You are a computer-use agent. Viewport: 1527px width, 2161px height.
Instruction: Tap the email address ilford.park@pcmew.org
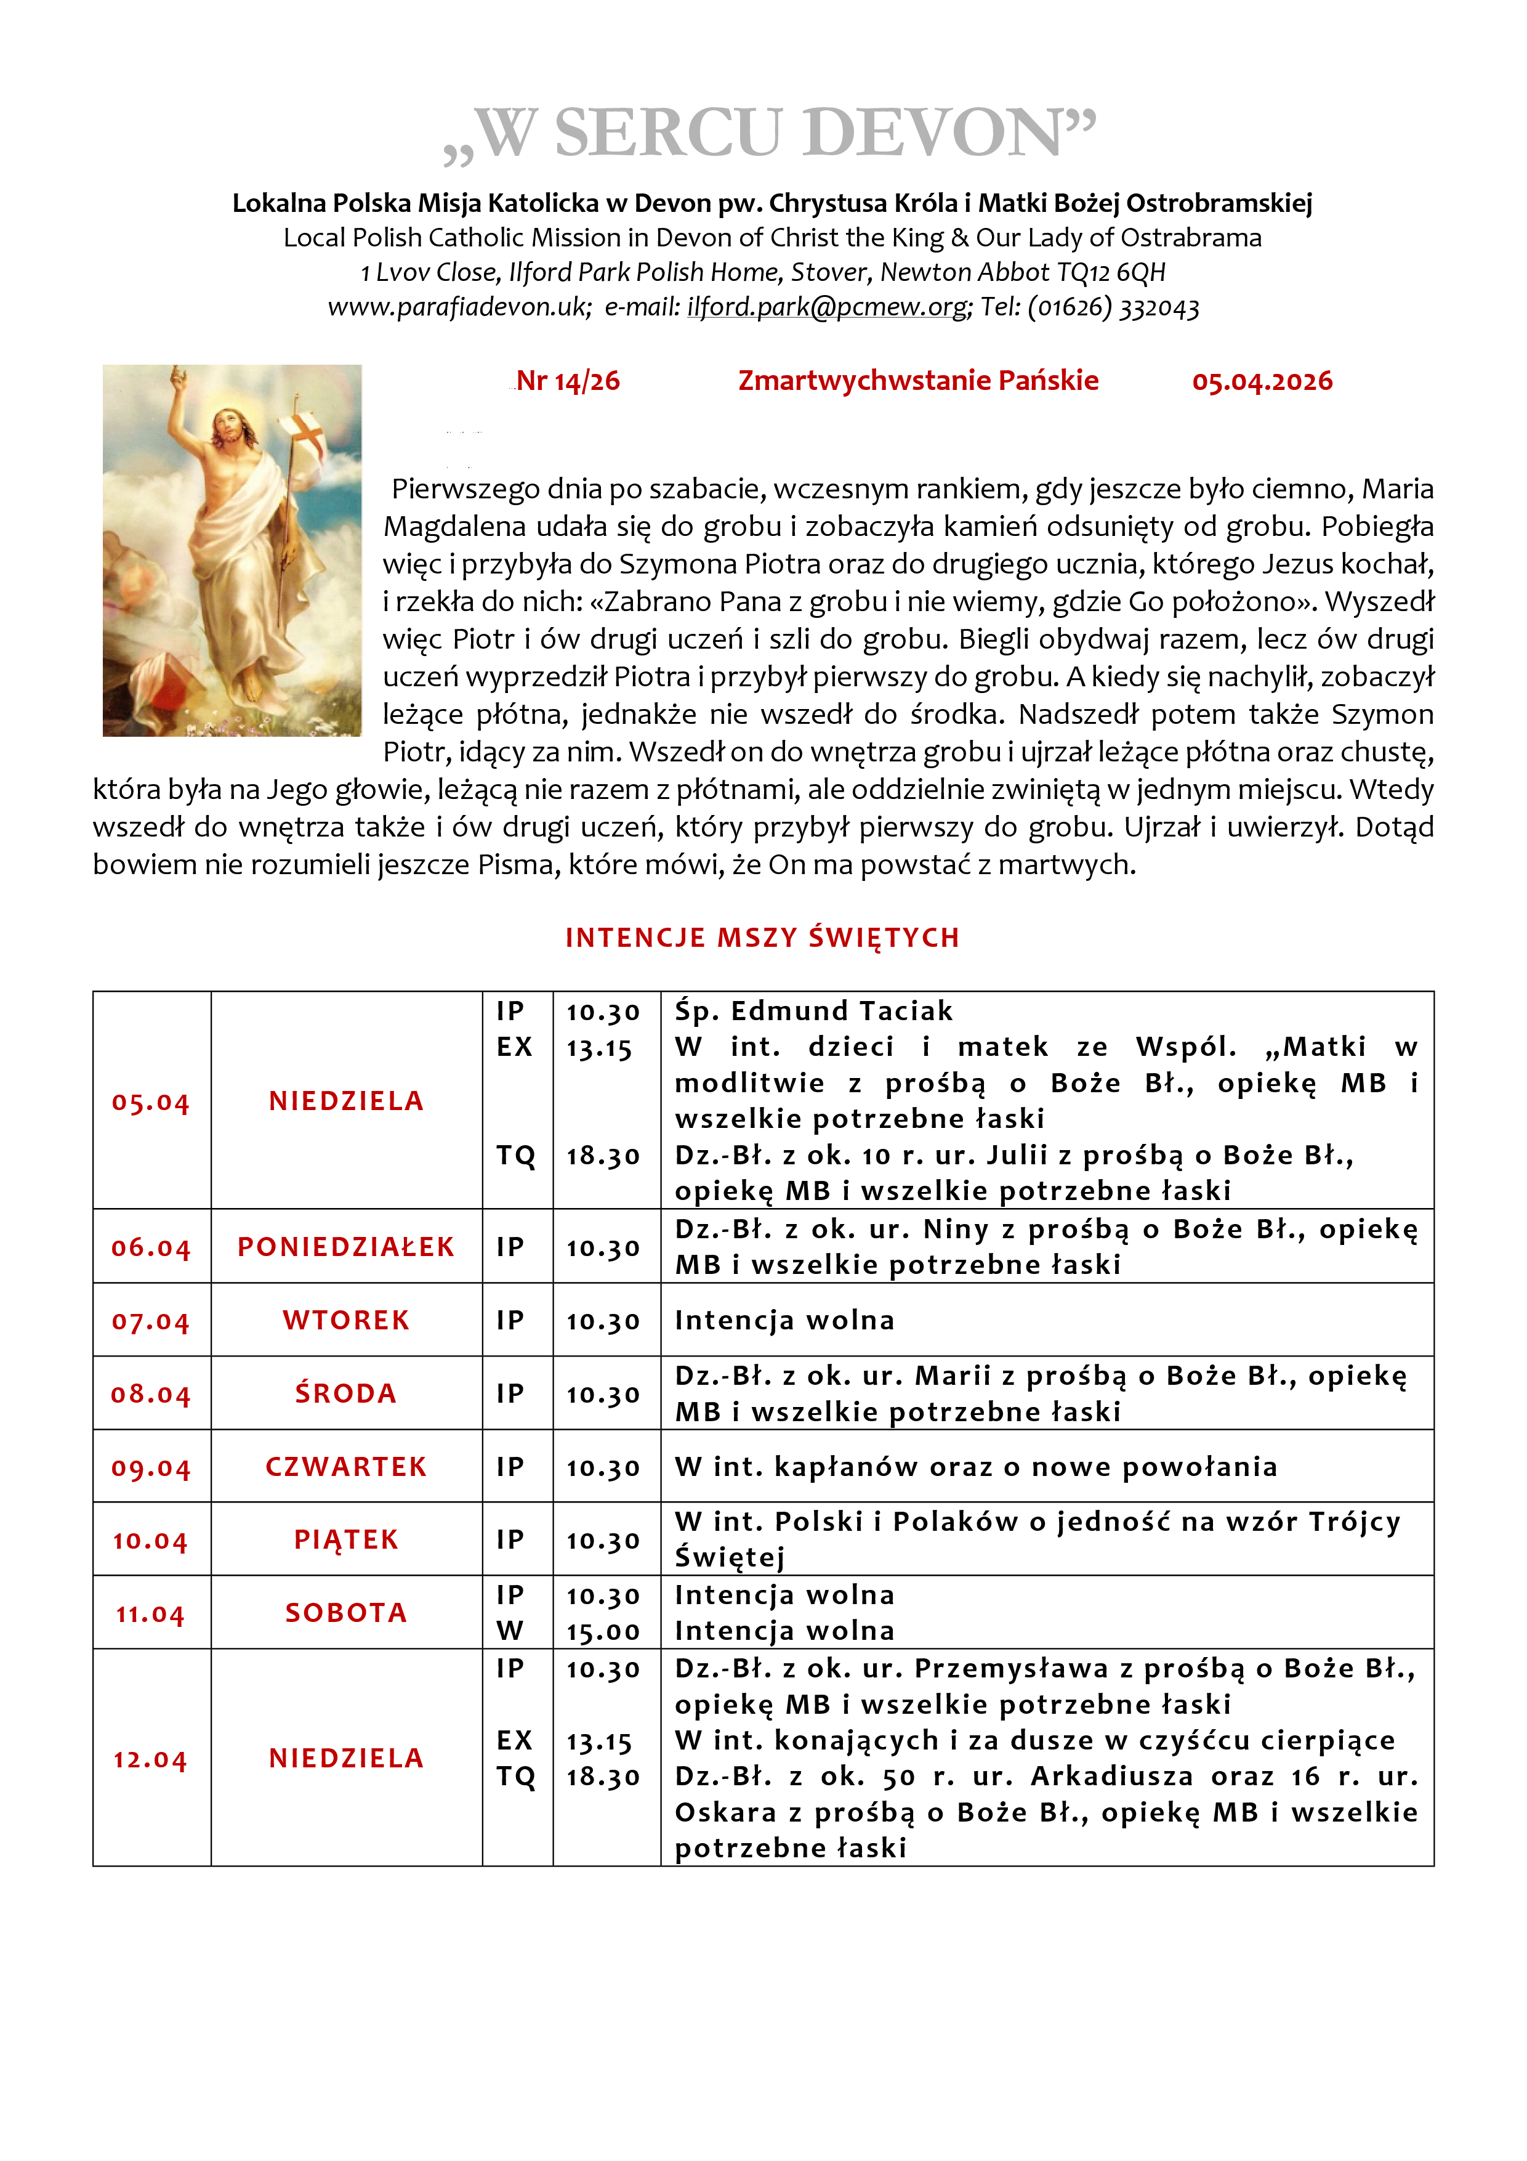point(828,307)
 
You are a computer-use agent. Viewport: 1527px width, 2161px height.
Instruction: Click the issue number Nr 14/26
point(568,381)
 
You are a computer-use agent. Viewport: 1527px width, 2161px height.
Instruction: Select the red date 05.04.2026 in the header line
point(1262,381)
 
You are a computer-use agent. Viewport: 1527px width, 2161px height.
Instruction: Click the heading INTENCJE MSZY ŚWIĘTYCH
point(762,938)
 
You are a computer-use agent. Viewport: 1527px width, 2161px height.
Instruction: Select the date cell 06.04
point(150,1247)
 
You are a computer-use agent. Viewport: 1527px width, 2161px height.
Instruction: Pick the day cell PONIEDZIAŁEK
point(346,1246)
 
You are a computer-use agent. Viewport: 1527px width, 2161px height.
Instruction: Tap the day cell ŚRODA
point(346,1393)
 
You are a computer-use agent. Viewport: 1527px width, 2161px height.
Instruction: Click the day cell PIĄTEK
point(346,1540)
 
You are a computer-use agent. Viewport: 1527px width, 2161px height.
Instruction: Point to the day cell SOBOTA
point(346,1612)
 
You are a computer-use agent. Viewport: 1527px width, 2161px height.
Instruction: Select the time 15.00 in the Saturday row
point(603,1631)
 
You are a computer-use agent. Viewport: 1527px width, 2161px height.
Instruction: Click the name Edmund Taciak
point(842,1011)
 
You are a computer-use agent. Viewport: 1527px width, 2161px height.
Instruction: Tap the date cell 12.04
point(150,1759)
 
